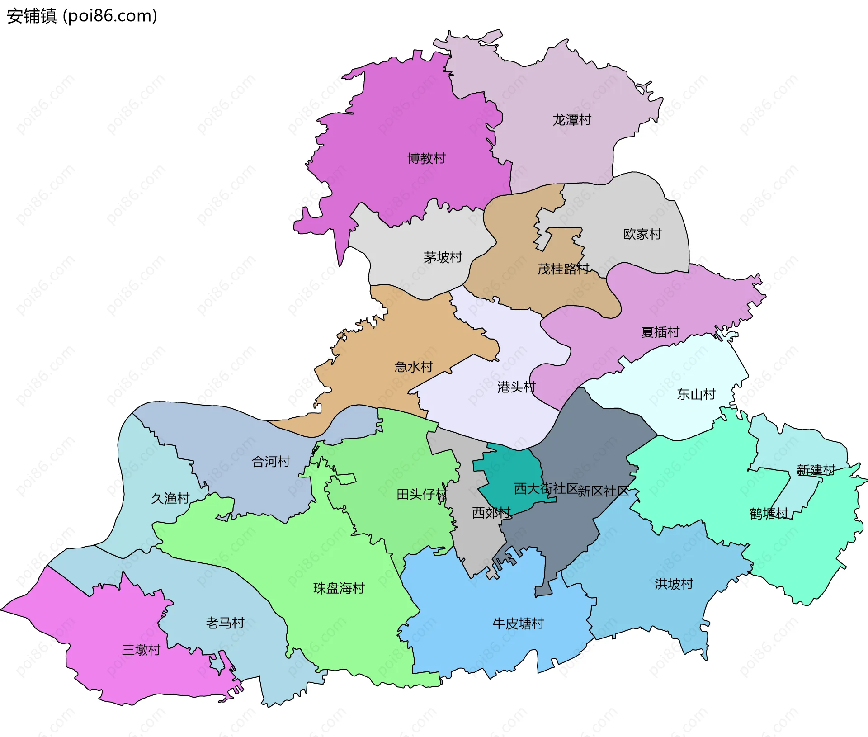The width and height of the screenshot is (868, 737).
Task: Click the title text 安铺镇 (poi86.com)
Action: (82, 16)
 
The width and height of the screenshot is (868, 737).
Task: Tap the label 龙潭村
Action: (572, 120)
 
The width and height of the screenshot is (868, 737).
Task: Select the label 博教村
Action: (426, 158)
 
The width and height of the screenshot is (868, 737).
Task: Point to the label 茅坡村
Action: (443, 257)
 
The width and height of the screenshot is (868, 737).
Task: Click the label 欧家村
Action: (642, 234)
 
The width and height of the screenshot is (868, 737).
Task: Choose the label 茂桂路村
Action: (563, 269)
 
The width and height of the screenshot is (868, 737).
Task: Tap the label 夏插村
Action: (660, 332)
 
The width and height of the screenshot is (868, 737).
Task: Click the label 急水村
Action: (414, 366)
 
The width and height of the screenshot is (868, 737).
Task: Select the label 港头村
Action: (516, 387)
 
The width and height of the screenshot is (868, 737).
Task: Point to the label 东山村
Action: (696, 394)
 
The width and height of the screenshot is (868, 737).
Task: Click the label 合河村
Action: (271, 461)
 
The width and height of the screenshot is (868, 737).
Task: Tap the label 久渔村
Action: (170, 498)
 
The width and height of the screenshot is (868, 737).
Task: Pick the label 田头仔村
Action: (421, 494)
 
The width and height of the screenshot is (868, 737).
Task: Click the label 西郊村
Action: (491, 513)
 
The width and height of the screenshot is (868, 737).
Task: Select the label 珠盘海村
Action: (339, 588)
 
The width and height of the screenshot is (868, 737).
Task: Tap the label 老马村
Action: (225, 623)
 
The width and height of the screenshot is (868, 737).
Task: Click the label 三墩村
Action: (141, 650)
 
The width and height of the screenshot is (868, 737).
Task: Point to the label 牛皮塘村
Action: (518, 624)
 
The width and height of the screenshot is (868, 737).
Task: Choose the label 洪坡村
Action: (674, 584)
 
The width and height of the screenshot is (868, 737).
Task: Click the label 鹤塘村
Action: (769, 514)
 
